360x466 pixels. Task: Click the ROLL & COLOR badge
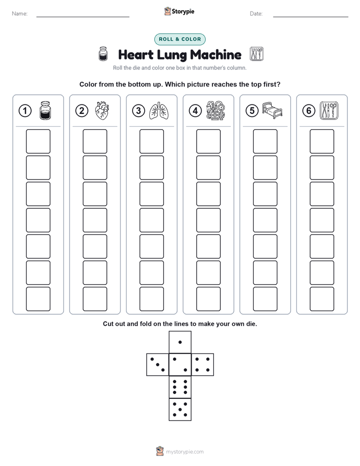pyautogui.click(x=179, y=39)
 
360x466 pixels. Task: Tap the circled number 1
pyautogui.click(x=25, y=111)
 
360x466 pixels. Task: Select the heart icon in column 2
pyautogui.click(x=102, y=110)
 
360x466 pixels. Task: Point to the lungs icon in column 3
pyautogui.click(x=159, y=111)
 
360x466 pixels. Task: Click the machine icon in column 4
pyautogui.click(x=216, y=110)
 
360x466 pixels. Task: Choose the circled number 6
pyautogui.click(x=309, y=111)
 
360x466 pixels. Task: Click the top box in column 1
pyautogui.click(x=38, y=141)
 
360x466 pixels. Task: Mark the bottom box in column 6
pyautogui.click(x=322, y=299)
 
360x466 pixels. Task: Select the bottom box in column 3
pyautogui.click(x=151, y=299)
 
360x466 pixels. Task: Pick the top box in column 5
pyautogui.click(x=265, y=141)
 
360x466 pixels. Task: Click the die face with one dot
pyautogui.click(x=180, y=342)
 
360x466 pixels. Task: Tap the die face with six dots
pyautogui.click(x=180, y=387)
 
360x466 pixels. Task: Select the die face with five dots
pyautogui.click(x=180, y=410)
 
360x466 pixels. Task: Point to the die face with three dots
pyautogui.click(x=157, y=365)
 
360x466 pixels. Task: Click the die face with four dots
pyautogui.click(x=203, y=365)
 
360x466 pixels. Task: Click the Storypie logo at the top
pyautogui.click(x=179, y=12)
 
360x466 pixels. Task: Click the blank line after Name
pyautogui.click(x=83, y=17)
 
